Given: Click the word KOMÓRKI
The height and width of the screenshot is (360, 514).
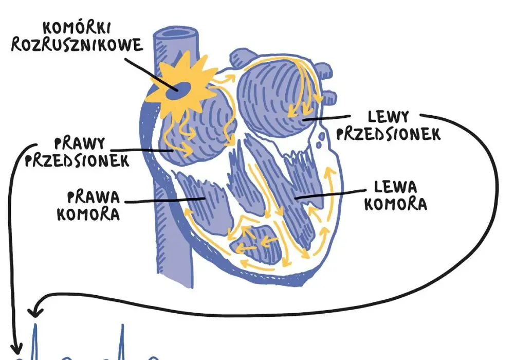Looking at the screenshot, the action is (x=77, y=28).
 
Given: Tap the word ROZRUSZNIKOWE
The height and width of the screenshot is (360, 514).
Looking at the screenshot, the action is (x=77, y=45).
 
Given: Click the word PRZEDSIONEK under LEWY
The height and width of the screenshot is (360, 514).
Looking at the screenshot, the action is (x=389, y=134).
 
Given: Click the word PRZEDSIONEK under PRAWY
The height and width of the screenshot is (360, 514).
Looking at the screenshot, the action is (x=77, y=160).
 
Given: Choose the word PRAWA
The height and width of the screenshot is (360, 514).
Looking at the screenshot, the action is (x=94, y=197).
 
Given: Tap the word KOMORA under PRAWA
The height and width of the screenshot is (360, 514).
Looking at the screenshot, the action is (x=88, y=214).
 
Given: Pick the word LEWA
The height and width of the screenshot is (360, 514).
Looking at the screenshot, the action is (x=395, y=187).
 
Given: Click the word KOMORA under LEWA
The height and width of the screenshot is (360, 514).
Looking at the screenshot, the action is (x=396, y=204).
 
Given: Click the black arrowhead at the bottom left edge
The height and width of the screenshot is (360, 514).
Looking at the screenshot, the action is (x=16, y=348).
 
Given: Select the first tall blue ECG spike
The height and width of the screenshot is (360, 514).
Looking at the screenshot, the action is (x=35, y=341).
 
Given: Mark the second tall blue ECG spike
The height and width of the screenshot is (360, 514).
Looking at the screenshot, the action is (x=122, y=341).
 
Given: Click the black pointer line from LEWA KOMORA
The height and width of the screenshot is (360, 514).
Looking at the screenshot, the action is (x=330, y=194).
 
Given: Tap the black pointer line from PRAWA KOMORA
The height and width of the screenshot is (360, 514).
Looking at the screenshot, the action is (x=165, y=201).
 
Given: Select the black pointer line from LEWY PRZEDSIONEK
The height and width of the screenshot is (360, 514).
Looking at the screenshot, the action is (x=326, y=118).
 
